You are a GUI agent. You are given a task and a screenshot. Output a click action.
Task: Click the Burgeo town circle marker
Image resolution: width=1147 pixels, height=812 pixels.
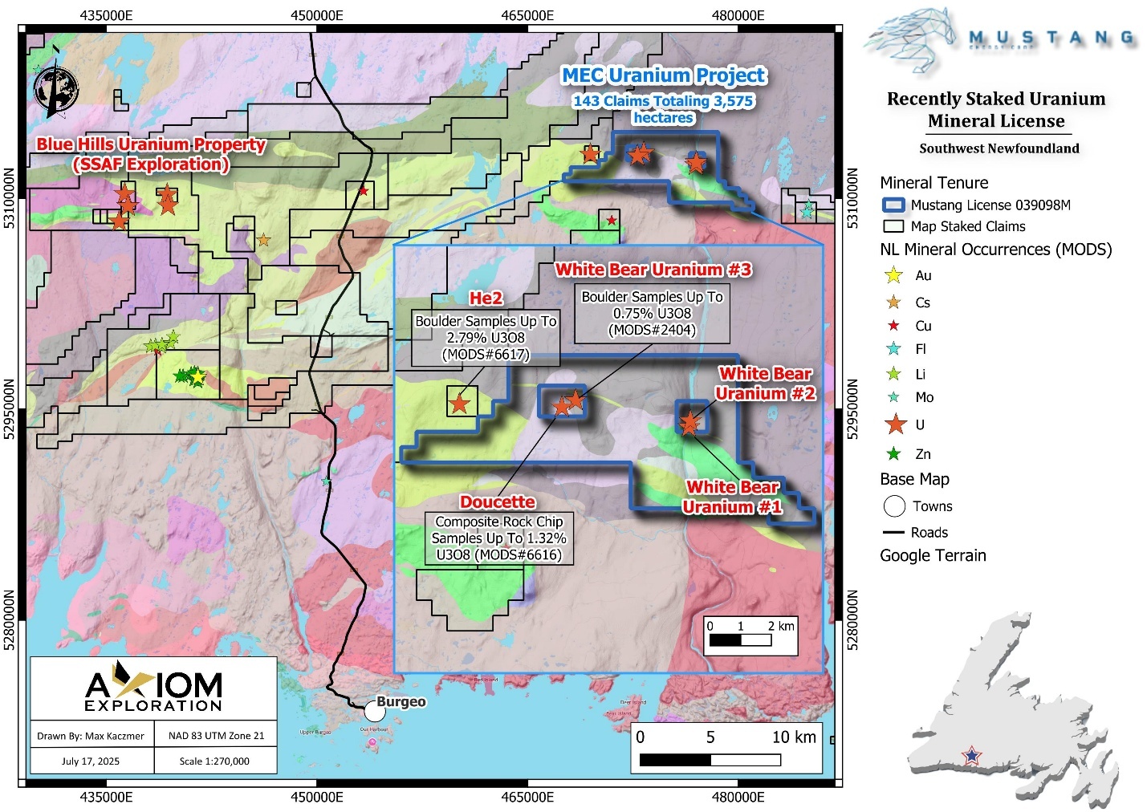point(374,711)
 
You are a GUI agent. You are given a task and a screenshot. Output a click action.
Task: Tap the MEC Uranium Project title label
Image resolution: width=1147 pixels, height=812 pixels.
point(663,75)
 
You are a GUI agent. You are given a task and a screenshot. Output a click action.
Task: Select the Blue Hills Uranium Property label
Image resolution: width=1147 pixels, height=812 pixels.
point(151,145)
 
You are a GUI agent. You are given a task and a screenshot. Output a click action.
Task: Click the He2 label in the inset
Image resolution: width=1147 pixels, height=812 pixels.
point(486,298)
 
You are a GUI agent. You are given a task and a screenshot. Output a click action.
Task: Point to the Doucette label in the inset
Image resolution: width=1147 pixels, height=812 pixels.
point(497,502)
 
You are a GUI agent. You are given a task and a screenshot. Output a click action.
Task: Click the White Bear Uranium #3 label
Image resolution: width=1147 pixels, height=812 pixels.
point(653,270)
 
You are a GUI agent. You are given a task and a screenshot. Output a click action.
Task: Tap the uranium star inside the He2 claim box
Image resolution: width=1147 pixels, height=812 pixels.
point(459,403)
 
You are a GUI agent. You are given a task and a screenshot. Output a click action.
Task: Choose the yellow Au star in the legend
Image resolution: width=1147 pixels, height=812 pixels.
point(893,276)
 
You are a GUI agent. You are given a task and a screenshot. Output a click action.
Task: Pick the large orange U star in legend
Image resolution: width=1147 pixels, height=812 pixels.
point(895,424)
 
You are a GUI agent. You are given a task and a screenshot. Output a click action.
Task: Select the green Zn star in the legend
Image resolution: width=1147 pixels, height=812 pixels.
point(893,454)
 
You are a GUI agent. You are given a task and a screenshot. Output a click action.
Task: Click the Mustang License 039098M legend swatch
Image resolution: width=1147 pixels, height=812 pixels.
point(893,205)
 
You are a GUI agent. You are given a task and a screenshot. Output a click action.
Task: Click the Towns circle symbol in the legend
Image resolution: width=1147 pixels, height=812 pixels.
point(894,506)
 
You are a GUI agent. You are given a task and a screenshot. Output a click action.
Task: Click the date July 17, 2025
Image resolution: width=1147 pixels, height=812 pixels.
point(91,761)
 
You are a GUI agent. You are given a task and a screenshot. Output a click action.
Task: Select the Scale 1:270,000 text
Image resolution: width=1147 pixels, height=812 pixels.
point(214,761)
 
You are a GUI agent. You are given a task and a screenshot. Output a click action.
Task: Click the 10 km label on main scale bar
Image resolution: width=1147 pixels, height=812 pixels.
point(793,737)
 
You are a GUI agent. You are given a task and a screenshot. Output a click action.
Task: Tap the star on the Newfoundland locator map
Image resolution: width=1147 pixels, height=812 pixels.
point(972,755)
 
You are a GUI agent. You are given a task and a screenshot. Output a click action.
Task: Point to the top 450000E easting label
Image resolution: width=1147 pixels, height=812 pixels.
point(317,15)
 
